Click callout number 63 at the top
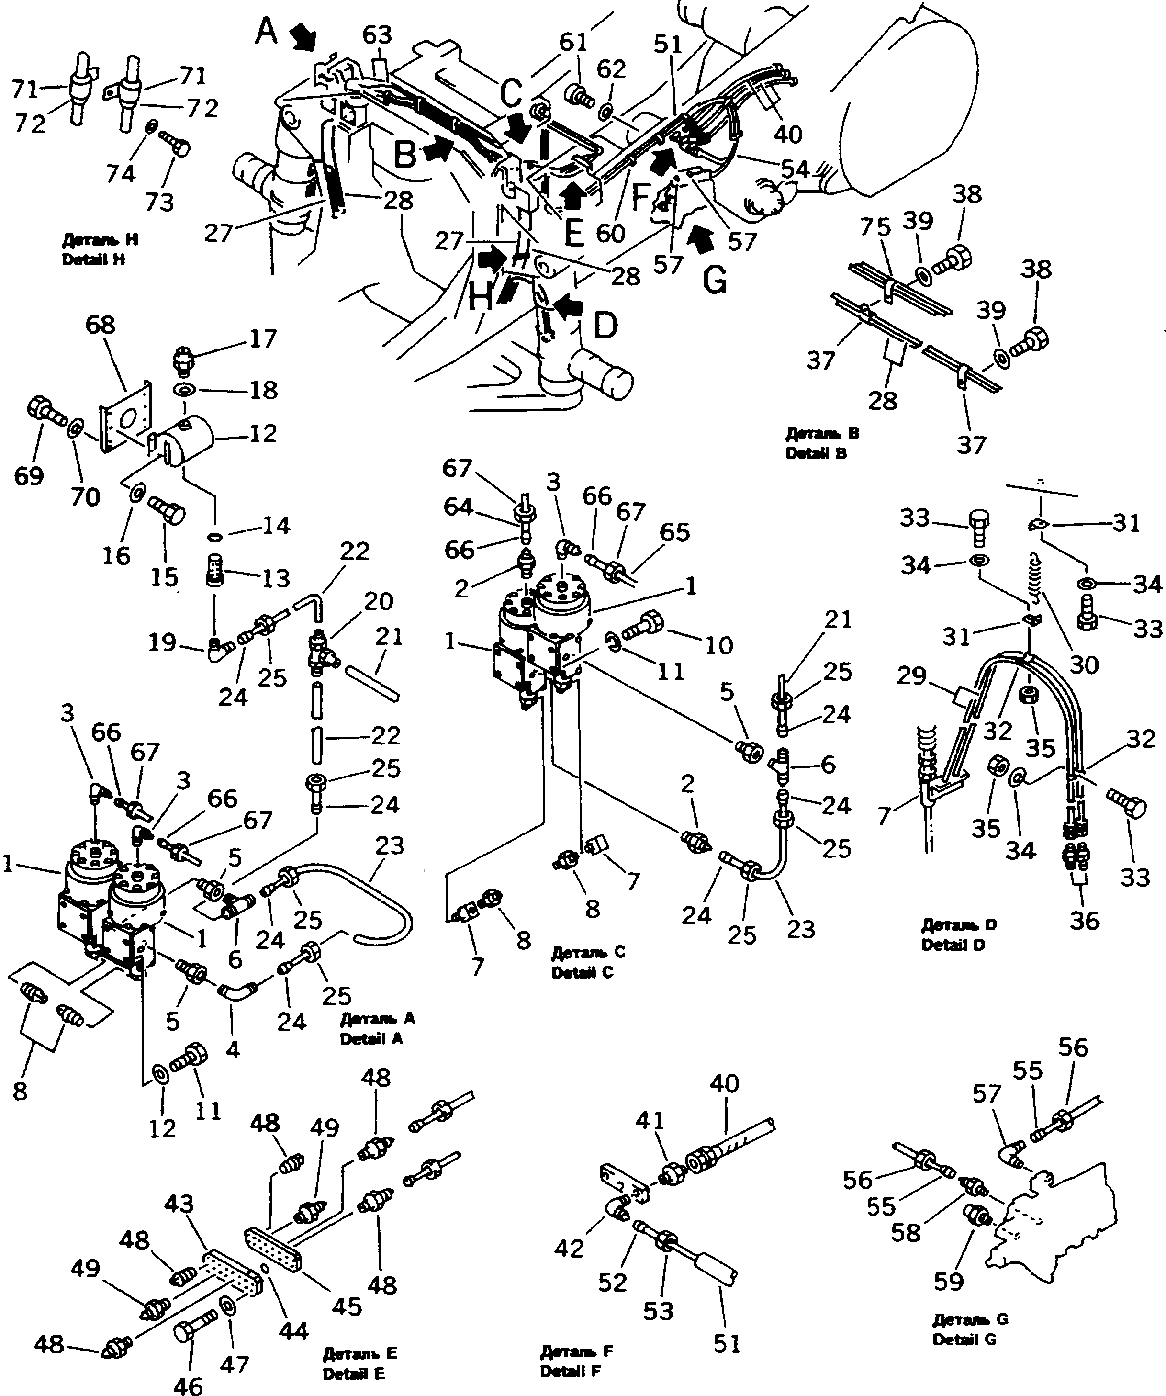[x=377, y=35]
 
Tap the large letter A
[x=267, y=31]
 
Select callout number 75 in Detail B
[x=875, y=227]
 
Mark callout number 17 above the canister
[x=263, y=338]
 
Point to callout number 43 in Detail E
[x=179, y=1204]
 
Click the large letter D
[x=605, y=326]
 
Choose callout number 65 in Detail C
[x=675, y=532]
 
